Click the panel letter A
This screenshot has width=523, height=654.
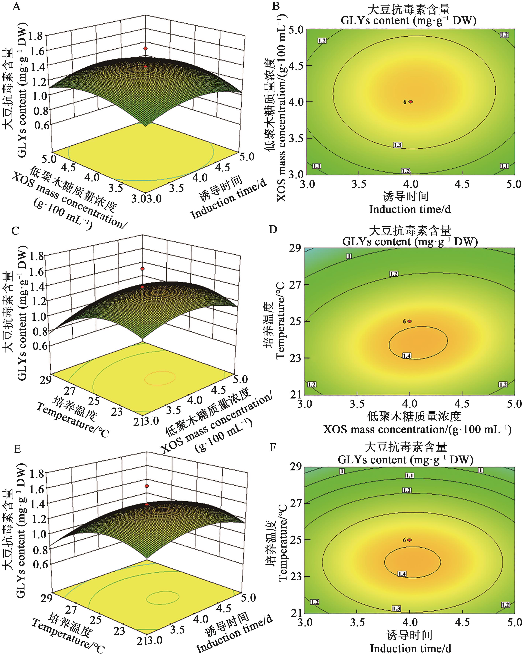pos(16,6)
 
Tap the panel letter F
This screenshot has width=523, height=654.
pos(273,447)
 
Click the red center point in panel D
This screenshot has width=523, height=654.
pos(410,321)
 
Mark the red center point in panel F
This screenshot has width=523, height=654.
pos(410,540)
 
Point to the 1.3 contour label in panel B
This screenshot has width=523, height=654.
pos(397,145)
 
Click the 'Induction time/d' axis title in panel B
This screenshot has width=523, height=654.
pos(410,209)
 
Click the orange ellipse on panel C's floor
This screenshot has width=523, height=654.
pos(160,378)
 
